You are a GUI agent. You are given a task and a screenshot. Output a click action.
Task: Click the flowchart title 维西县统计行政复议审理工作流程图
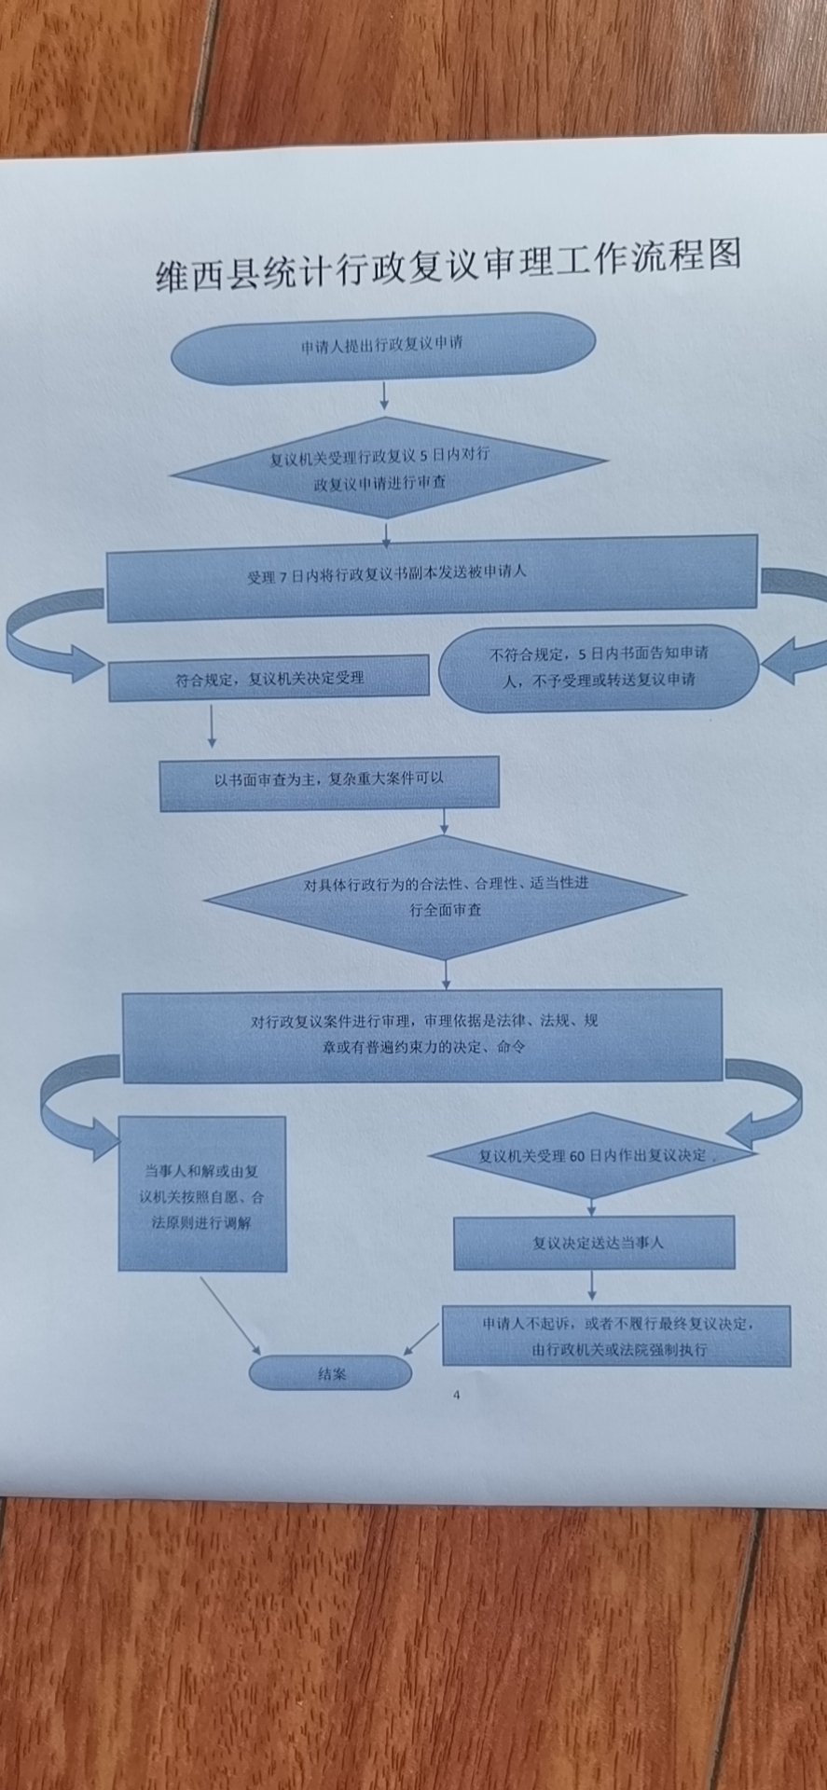click(x=448, y=264)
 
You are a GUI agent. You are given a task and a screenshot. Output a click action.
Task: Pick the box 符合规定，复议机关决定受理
click(x=269, y=679)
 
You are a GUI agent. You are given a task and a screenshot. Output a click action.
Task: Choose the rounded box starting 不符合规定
click(x=599, y=668)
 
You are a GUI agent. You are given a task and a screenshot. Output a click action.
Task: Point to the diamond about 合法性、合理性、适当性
click(x=446, y=896)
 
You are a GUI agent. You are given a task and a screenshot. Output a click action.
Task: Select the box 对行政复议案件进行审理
click(x=422, y=1034)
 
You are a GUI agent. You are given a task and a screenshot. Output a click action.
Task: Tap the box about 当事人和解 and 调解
click(x=201, y=1196)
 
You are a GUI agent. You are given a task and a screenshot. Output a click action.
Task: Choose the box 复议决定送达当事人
click(x=595, y=1243)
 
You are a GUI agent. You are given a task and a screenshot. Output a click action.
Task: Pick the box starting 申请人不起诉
click(x=616, y=1336)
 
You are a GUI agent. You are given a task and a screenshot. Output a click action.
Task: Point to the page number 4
click(x=456, y=1396)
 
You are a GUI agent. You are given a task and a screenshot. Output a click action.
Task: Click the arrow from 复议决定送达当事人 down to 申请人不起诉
click(x=592, y=1287)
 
